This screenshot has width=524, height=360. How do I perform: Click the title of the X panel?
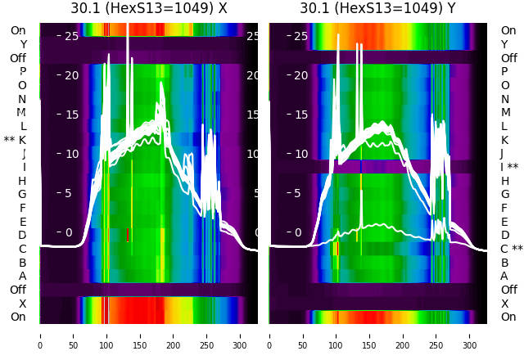148,9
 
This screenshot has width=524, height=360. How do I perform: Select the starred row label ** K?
15,140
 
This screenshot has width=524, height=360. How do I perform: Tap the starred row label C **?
512,249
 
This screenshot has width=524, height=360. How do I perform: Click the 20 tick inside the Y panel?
300,75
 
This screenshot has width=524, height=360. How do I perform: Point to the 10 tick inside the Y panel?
300,154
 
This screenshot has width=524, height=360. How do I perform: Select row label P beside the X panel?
22,71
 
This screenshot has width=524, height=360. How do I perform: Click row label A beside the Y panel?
504,276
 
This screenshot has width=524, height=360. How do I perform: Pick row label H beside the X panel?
22,181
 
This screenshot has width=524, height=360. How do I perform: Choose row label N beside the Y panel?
504,99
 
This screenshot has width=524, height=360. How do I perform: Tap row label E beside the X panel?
22,222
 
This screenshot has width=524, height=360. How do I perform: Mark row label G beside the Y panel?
504,194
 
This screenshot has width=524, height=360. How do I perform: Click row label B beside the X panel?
22,263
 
